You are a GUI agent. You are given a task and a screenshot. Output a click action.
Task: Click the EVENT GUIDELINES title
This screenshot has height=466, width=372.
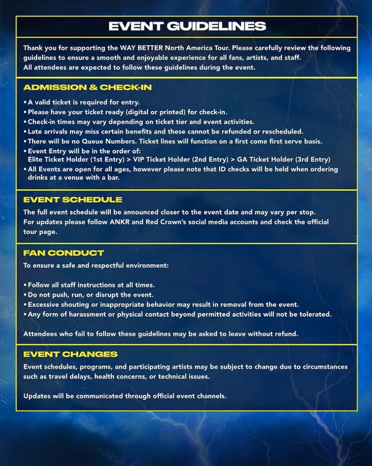tap(187, 26)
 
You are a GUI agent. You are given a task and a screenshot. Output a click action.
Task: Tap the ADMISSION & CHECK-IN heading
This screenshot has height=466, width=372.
tap(87, 87)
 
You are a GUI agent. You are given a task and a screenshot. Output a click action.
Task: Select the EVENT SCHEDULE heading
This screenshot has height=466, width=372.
tap(73, 200)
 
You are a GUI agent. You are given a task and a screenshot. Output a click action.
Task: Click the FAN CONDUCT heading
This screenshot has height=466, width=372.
tap(64, 253)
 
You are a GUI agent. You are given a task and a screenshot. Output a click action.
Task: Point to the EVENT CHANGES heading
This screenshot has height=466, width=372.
tap(70, 354)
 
